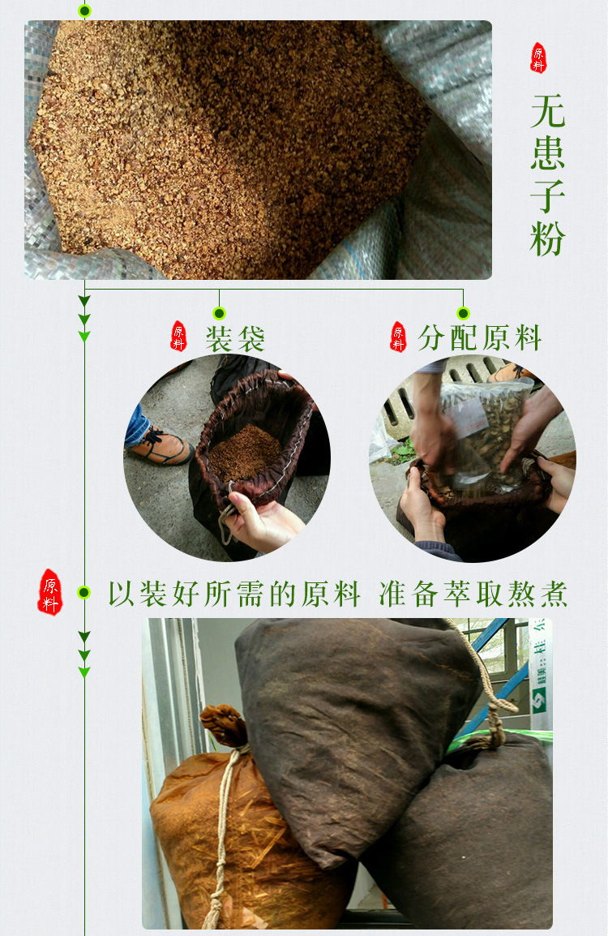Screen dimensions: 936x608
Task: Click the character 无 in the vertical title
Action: (548, 111)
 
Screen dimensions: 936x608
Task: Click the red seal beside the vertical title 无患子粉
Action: (538, 58)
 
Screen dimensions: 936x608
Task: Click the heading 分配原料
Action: (480, 338)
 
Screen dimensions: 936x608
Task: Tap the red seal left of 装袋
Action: (178, 336)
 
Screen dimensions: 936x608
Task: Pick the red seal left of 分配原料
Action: (398, 337)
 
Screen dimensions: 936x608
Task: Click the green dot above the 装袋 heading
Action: (219, 313)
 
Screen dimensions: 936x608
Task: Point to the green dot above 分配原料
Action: (463, 313)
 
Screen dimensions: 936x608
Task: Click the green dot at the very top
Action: (84, 11)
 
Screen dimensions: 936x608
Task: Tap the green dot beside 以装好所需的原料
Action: (83, 593)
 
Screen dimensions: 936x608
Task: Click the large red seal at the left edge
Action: (50, 592)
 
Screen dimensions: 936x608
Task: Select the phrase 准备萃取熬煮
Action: (473, 594)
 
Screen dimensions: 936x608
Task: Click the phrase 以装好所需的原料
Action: (234, 594)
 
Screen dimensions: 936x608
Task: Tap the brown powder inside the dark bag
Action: (246, 451)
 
